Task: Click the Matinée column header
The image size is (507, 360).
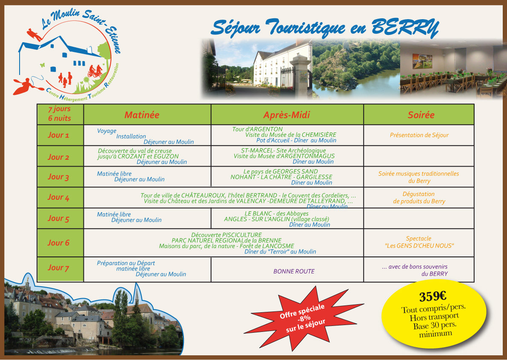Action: tap(142, 115)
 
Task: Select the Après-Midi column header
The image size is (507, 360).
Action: tap(286, 115)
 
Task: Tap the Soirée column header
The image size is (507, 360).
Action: tap(421, 115)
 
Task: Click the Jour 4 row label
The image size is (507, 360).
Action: tap(58, 197)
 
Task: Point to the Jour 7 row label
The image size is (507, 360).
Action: tap(58, 268)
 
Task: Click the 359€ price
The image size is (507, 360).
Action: tap(433, 296)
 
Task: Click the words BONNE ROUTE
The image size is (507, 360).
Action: tap(294, 271)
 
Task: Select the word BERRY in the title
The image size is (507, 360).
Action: tap(405, 28)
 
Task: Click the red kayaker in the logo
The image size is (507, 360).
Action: tap(26, 86)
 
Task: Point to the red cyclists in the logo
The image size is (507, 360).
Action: tap(95, 71)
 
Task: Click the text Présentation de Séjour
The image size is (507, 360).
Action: tap(419, 135)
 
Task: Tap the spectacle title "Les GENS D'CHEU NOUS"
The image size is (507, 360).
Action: tap(419, 246)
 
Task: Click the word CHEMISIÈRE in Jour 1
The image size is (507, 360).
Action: tap(319, 135)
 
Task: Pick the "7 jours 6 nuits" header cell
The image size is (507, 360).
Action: tap(60, 114)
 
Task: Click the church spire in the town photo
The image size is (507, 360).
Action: tap(137, 293)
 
